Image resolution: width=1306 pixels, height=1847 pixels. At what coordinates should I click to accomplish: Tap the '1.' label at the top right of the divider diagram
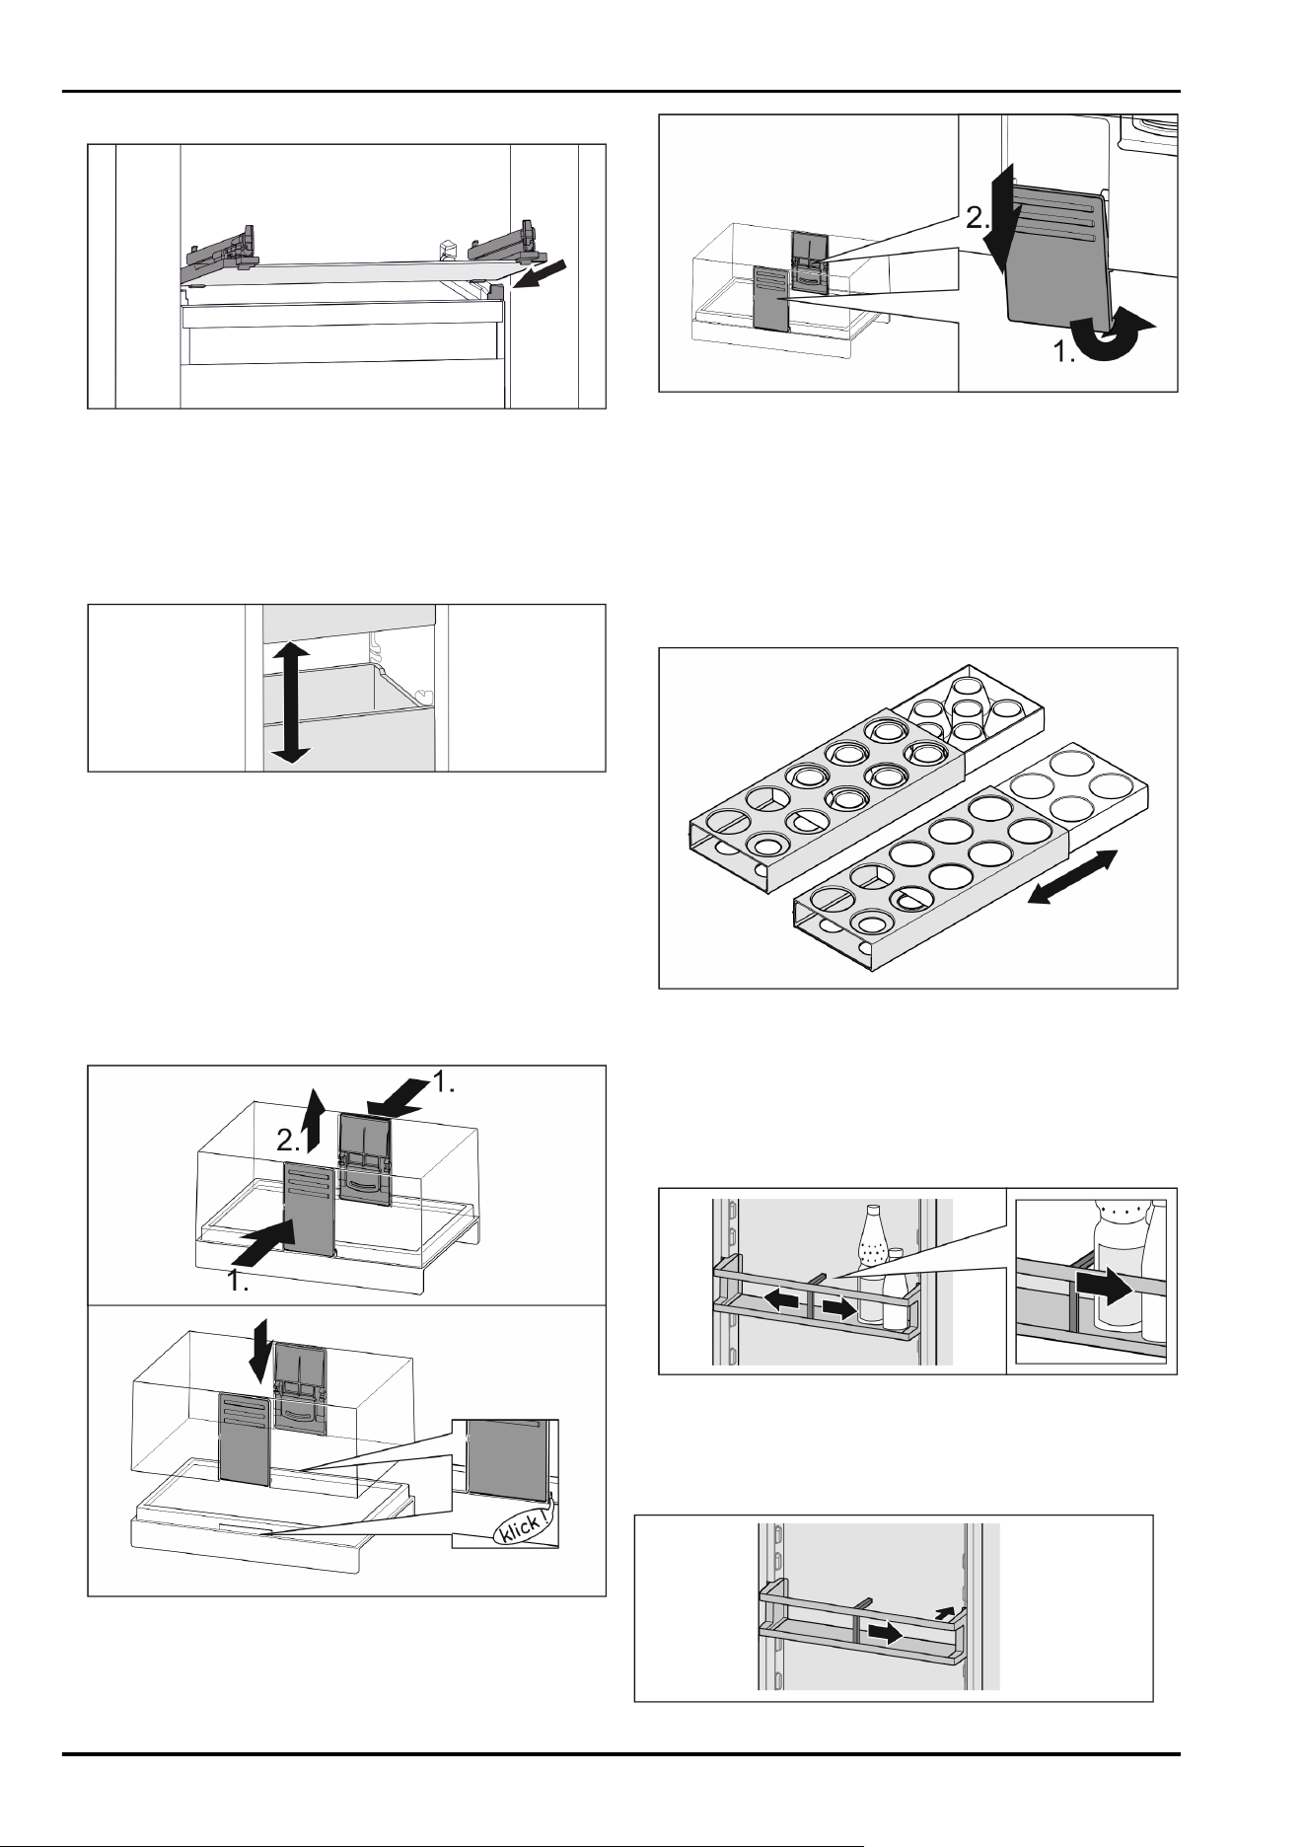(x=444, y=1084)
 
